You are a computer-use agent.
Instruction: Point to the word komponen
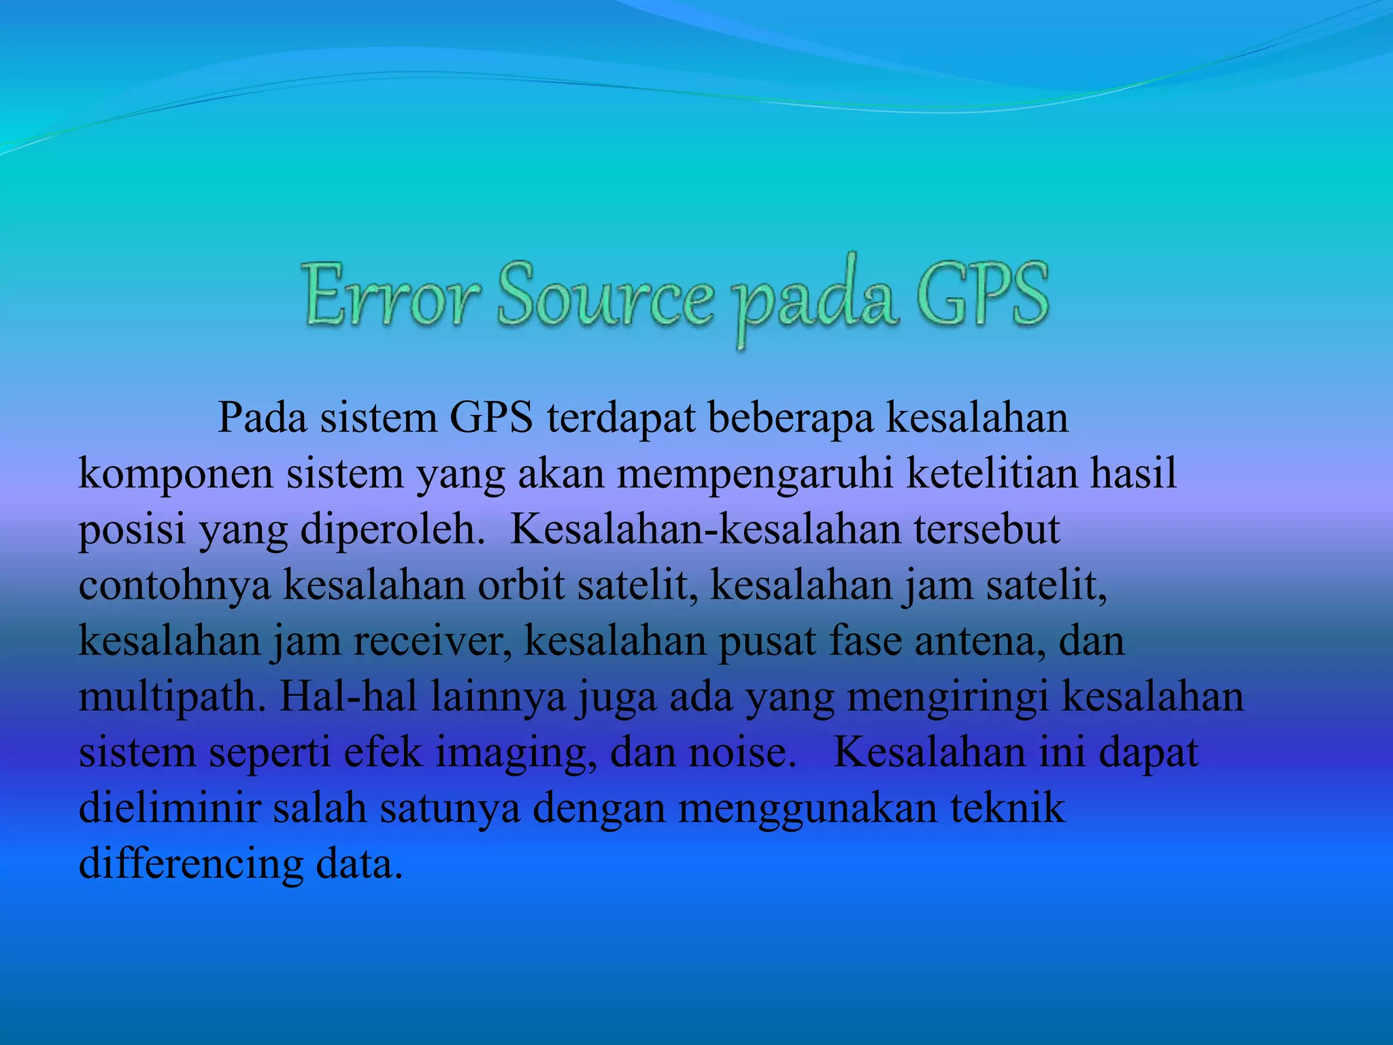coord(175,474)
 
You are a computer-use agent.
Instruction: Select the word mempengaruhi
coord(755,474)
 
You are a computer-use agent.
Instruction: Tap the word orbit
coord(521,584)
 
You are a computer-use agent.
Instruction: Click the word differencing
coord(191,865)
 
